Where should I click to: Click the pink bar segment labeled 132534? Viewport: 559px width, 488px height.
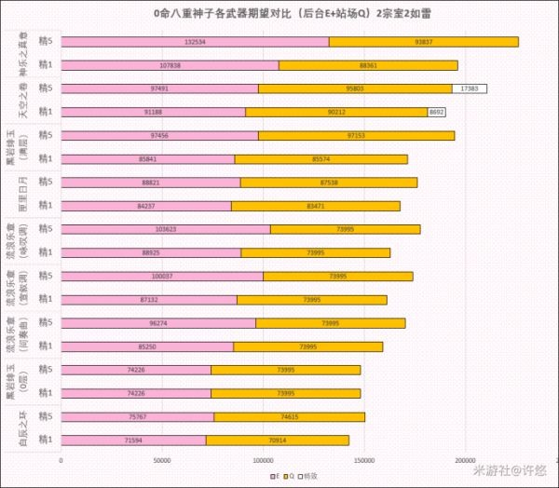[x=195, y=42]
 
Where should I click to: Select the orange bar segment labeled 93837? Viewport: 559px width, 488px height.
[x=423, y=42]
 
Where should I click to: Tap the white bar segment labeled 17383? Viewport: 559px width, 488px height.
[x=470, y=88]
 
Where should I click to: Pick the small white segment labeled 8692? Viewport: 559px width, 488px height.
[x=437, y=112]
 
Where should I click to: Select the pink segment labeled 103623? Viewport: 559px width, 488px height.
[x=166, y=229]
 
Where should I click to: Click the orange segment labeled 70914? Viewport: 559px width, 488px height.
[x=277, y=440]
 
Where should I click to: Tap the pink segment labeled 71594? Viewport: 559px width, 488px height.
[x=133, y=440]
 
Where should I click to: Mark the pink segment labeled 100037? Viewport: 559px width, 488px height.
[x=162, y=276]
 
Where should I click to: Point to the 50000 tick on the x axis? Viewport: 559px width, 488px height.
[x=162, y=459]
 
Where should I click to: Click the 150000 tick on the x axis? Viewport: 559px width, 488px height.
[x=364, y=459]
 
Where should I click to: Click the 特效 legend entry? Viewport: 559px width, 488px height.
[x=304, y=475]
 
